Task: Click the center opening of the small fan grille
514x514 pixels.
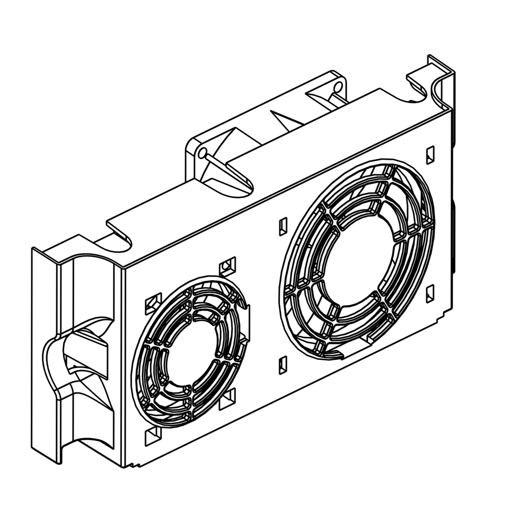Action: (x=193, y=351)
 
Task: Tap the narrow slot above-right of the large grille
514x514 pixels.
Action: (x=430, y=155)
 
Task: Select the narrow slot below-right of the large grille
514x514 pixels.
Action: (x=430, y=294)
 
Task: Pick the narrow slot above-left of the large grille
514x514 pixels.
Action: (x=283, y=226)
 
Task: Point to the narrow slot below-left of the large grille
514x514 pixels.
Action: (x=283, y=365)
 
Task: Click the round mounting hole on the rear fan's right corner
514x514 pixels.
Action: (x=338, y=88)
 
